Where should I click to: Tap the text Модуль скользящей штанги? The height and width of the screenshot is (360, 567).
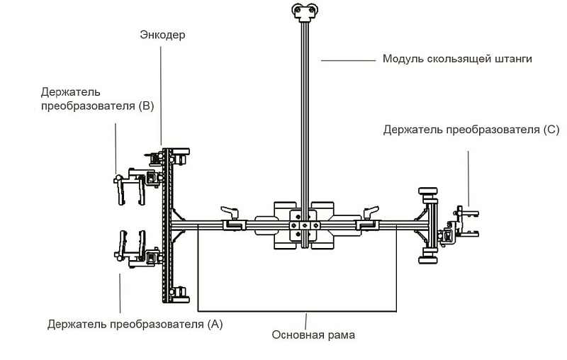pyautogui.click(x=457, y=59)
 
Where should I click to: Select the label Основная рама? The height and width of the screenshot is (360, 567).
pyautogui.click(x=313, y=335)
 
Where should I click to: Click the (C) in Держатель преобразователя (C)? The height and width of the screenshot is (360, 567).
pyautogui.click(x=549, y=130)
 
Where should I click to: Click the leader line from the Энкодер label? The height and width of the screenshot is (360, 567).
pyautogui.click(x=162, y=92)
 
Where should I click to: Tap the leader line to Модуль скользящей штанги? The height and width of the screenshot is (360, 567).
pyautogui.click(x=347, y=60)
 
